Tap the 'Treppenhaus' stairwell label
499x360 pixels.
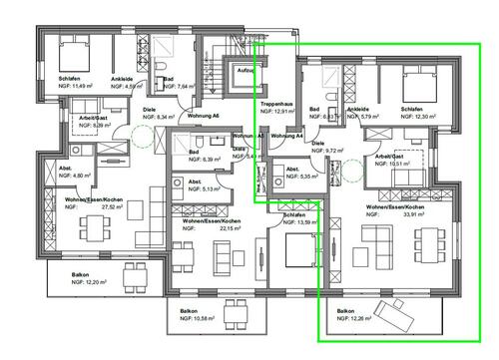pyautogui.click(x=274, y=103)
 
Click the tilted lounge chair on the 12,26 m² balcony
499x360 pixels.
pyautogui.click(x=397, y=313)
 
